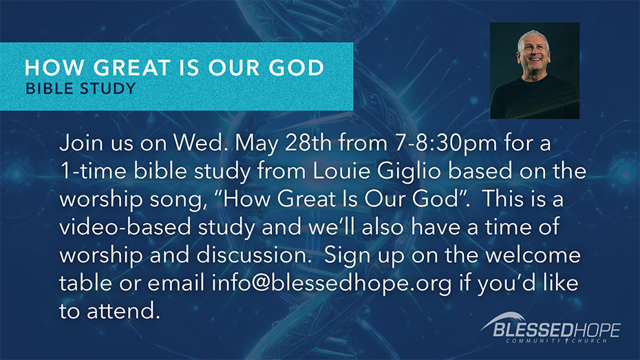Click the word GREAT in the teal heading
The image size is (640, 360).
point(131,67)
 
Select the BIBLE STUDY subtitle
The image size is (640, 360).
point(81,89)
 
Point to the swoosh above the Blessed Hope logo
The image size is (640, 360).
point(504,319)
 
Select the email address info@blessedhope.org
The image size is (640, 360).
point(332,284)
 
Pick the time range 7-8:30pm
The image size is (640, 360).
point(446,144)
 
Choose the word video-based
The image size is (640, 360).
point(125,227)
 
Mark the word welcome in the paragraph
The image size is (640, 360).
point(533,255)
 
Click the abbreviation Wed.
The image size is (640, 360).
point(200,143)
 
